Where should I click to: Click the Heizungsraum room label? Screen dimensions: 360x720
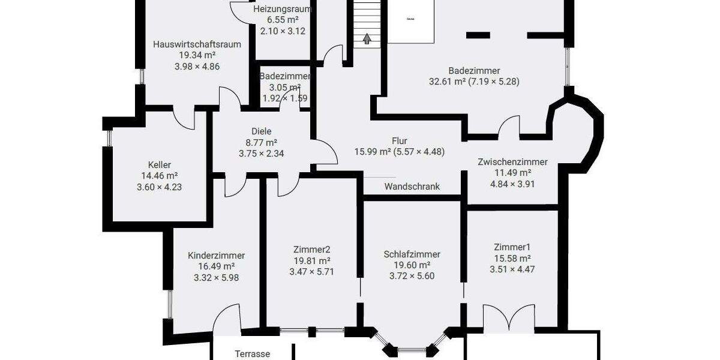coord(283,10)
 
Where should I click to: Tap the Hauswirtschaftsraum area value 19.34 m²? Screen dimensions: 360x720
coord(197,55)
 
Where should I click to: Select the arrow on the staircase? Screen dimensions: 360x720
coord(366,40)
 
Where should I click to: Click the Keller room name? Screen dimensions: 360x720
coord(160,165)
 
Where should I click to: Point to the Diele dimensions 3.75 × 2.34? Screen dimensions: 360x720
coord(261,154)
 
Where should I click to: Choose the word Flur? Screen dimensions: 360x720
coord(399,141)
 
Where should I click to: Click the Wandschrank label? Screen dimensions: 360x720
coord(412,187)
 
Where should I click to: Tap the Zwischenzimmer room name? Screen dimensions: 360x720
coord(512,162)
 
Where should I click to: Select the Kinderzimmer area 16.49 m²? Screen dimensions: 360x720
coord(216,266)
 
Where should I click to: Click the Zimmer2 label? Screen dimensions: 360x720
coord(311,250)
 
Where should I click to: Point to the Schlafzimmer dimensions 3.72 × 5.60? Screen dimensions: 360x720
coord(412,277)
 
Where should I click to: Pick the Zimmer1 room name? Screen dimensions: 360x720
coord(512,247)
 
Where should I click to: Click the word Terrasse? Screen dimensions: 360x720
coord(252,354)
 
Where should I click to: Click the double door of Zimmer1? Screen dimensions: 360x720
coord(509,319)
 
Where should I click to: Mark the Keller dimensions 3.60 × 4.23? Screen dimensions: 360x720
coord(160,187)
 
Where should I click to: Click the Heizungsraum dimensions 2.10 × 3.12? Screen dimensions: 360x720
coord(283,31)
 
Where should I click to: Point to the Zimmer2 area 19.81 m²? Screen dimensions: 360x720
coord(311,261)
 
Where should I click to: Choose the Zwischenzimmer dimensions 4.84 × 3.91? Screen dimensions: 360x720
coord(512,184)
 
